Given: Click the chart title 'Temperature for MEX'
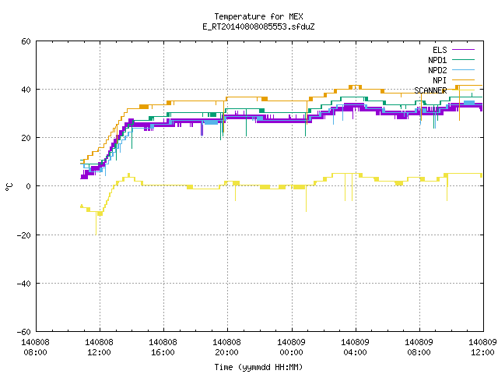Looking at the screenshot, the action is tap(258, 16).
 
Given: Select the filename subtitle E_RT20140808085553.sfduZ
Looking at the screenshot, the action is tap(258, 26).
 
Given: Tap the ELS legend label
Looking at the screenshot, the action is tap(440, 50).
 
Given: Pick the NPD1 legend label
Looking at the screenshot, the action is tap(437, 60).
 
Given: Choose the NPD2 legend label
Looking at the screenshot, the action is tap(437, 70).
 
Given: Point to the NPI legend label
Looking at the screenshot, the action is tap(440, 80).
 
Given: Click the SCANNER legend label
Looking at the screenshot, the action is tap(430, 90).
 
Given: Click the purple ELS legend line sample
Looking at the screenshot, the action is tap(463, 50).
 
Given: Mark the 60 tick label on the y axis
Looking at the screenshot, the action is tap(26, 41).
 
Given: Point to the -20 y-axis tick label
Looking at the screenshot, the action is tap(24, 235).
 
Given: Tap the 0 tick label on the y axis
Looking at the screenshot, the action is tap(29, 186).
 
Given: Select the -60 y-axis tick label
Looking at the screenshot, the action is tap(24, 332).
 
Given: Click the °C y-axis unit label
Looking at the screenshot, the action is tap(9, 187).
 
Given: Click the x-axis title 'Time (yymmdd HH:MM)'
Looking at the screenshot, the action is tap(258, 367).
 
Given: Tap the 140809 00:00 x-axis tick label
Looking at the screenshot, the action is tap(291, 348).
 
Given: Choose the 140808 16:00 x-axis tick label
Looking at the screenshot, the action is tap(163, 348).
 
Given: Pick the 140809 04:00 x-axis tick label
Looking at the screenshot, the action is tap(355, 348).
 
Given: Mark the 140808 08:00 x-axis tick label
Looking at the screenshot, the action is tap(35, 348).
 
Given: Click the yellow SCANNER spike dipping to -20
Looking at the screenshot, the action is tap(96, 224).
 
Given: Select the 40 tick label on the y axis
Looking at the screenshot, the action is tap(26, 90).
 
